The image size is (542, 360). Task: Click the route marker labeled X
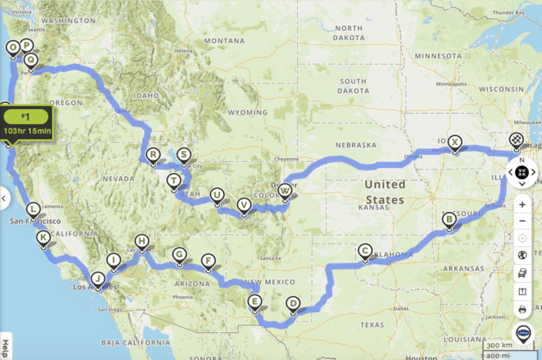(x=454, y=142)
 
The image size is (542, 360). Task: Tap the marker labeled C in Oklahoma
(x=365, y=250)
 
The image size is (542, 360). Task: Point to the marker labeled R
(x=153, y=155)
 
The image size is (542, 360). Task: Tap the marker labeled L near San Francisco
(x=33, y=209)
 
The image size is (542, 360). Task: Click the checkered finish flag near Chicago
(x=516, y=140)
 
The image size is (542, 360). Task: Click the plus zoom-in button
(x=522, y=204)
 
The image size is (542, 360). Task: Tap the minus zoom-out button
(x=522, y=221)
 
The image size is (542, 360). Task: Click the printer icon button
(x=522, y=309)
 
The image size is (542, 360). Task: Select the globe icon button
(x=522, y=255)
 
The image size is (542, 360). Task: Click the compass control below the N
(x=522, y=172)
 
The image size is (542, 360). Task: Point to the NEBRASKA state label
(x=356, y=145)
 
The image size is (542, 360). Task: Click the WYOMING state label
(x=248, y=112)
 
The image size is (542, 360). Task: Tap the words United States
(x=385, y=192)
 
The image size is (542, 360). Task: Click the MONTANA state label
(x=224, y=41)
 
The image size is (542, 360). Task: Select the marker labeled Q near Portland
(x=31, y=60)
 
